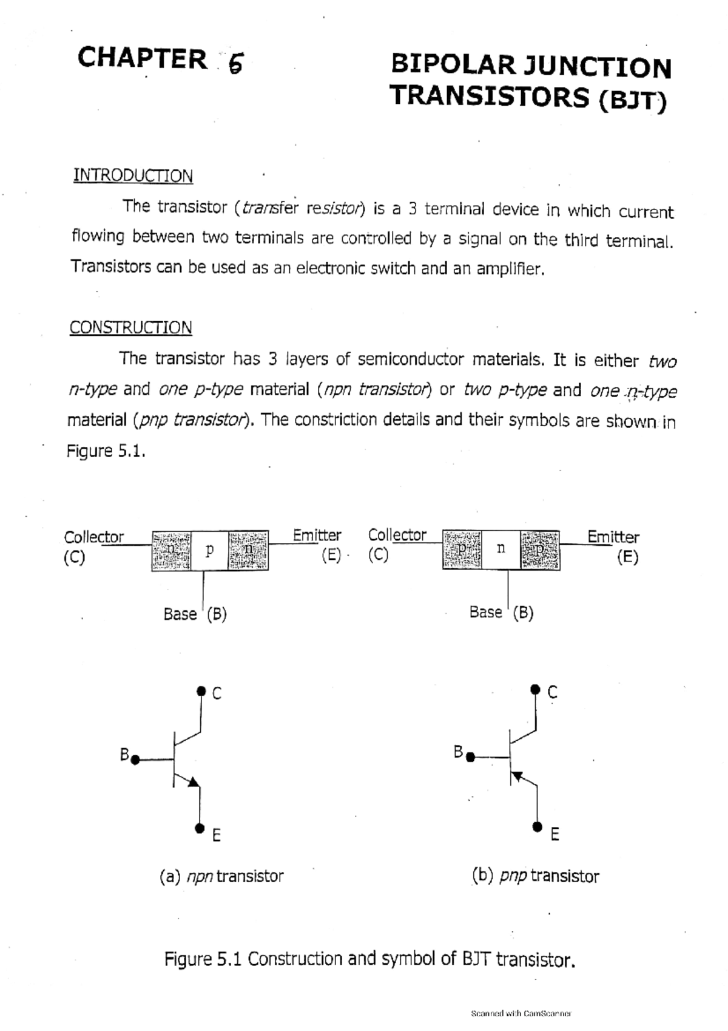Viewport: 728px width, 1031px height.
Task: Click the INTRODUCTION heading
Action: pos(133,176)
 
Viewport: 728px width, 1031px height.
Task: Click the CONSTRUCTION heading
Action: pos(130,328)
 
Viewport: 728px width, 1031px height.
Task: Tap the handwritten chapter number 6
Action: pos(235,62)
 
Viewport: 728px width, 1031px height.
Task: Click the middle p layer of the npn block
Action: pos(209,550)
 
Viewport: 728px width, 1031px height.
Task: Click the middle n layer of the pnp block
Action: pos(500,549)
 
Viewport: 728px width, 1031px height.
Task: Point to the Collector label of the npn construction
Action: pos(93,537)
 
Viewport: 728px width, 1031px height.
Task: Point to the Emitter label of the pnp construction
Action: pos(613,537)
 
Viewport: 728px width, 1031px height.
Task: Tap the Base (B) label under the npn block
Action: pos(195,614)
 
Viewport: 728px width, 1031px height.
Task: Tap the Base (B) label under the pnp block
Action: pos(501,613)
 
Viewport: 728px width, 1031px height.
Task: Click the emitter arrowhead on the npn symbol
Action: pos(194,782)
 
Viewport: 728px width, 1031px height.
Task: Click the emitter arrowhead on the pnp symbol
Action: pos(517,775)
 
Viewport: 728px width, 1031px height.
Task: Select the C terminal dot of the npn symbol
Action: pos(201,690)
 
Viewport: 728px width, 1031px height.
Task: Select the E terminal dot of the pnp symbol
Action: pos(537,826)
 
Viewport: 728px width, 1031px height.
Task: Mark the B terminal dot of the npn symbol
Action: pos(135,759)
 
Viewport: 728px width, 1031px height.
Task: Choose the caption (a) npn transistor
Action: pos(221,876)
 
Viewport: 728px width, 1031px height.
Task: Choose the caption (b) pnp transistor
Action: pos(535,876)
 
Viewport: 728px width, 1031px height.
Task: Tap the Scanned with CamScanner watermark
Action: pos(521,1013)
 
